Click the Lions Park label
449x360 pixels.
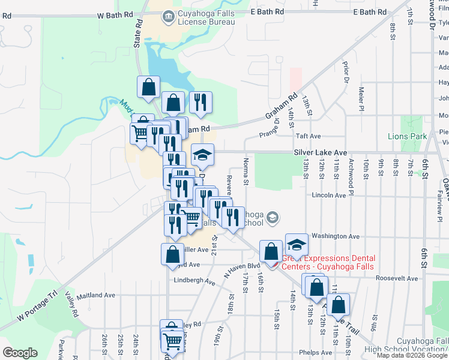408,136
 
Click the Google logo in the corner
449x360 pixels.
20,353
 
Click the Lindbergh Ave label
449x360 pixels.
194,281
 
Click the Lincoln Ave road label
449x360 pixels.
329,195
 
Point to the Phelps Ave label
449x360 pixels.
318,352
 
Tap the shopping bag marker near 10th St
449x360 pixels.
338,305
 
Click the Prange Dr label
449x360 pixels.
270,127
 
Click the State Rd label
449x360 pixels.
137,34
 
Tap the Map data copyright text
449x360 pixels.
411,355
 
